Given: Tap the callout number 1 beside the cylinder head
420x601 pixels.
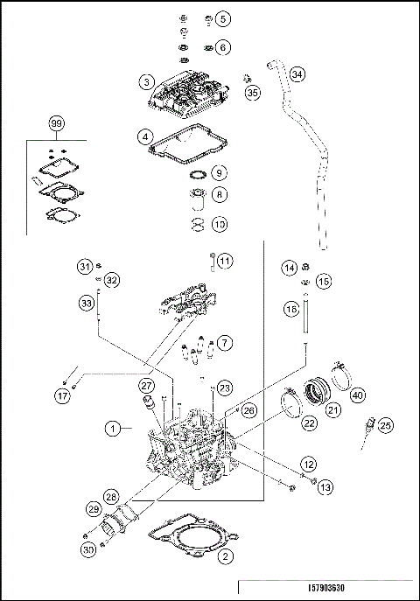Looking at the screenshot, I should tap(113, 429).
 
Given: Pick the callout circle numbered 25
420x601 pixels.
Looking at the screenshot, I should tap(386, 425).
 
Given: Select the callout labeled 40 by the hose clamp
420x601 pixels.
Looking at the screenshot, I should tap(357, 395).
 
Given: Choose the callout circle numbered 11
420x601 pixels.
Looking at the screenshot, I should tap(225, 261).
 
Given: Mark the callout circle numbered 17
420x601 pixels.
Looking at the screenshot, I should tap(62, 396).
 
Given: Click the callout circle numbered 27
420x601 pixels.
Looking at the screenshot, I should tap(146, 384).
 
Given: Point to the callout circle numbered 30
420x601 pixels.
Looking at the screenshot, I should tap(88, 549).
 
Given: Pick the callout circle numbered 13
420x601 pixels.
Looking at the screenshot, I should tap(325, 487).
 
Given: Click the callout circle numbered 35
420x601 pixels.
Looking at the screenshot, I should tap(253, 93).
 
